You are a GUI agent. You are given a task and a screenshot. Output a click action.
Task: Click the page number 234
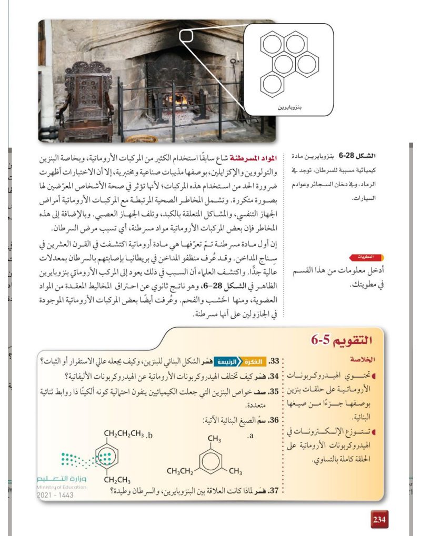[379, 519]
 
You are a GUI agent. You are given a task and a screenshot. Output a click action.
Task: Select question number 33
[274, 362]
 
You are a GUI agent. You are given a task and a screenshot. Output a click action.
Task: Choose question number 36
[274, 420]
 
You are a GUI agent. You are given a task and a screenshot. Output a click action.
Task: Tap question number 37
[274, 492]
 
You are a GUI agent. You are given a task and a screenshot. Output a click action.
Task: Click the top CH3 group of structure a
[214, 438]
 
